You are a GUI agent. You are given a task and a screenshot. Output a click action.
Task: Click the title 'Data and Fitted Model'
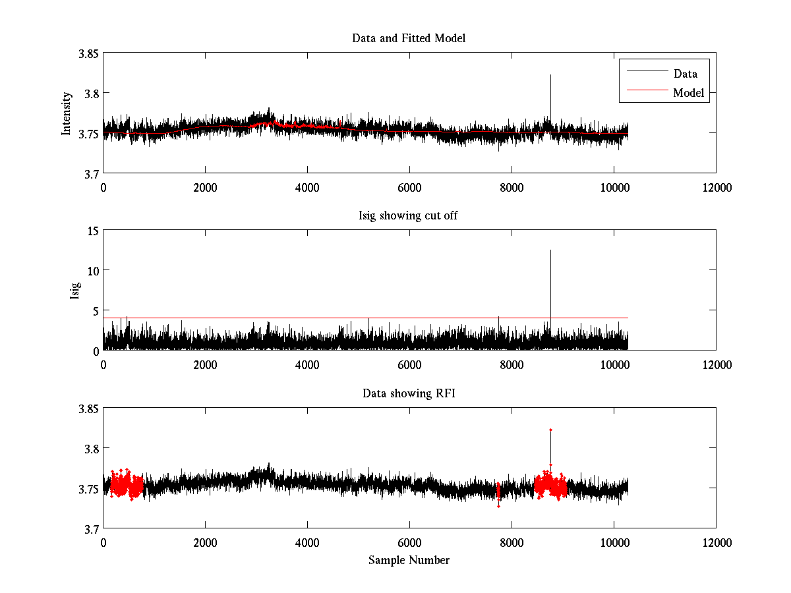[x=409, y=38]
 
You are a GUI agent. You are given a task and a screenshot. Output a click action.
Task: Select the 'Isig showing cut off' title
[x=409, y=216]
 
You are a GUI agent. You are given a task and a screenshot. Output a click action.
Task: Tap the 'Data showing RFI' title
[x=409, y=393]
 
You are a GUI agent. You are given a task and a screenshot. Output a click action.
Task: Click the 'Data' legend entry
[x=685, y=74]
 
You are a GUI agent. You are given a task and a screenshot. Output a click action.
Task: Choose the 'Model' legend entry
[x=688, y=93]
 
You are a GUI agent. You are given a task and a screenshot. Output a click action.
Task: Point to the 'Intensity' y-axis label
[x=67, y=113]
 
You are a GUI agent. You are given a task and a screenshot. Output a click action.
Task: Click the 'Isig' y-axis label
[x=75, y=291]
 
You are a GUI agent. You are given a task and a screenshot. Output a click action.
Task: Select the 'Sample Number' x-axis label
[x=409, y=560]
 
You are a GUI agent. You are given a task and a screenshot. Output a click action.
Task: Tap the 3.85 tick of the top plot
[x=88, y=53]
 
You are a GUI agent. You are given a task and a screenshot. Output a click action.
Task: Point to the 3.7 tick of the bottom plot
[x=91, y=528]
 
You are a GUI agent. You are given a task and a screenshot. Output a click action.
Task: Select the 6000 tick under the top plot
[x=409, y=188]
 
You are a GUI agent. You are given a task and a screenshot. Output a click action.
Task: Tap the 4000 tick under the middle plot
[x=307, y=365]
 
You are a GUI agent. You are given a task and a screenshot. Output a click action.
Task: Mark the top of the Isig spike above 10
[x=550, y=250]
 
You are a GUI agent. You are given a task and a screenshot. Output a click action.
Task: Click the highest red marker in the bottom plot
[x=550, y=430]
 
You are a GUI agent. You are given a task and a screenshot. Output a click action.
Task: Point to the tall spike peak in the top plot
[x=550, y=75]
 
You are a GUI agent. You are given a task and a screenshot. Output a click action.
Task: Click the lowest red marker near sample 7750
[x=498, y=506]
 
